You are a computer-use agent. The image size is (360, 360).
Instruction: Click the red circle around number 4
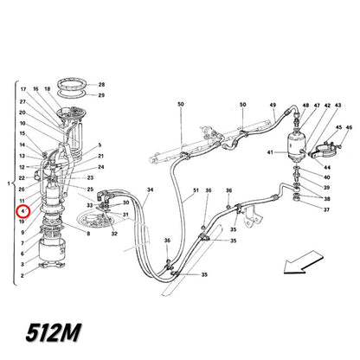click(23, 211)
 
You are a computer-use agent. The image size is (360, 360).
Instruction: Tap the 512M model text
click(53, 332)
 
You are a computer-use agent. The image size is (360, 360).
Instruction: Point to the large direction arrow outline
click(304, 262)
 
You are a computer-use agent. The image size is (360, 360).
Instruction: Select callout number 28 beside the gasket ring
click(101, 85)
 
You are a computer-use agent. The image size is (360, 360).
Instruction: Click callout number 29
click(101, 95)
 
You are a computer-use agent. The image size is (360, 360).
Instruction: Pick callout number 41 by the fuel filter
click(270, 152)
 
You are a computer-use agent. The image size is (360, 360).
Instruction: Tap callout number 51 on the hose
click(196, 190)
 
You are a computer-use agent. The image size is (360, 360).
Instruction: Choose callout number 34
click(150, 190)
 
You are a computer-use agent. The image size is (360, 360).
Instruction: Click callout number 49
click(273, 106)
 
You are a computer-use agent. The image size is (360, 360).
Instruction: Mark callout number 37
click(326, 209)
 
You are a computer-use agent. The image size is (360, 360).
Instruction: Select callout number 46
click(349, 127)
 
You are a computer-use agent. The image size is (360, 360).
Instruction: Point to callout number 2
click(22, 275)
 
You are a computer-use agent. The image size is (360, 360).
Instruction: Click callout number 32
click(114, 234)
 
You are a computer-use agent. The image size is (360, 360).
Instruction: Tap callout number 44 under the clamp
click(327, 167)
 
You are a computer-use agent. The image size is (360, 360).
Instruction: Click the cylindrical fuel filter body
click(296, 146)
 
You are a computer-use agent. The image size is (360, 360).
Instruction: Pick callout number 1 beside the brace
click(9, 183)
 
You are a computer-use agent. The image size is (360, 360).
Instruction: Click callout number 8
click(88, 234)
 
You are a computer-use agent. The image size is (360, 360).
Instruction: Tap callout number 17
click(23, 89)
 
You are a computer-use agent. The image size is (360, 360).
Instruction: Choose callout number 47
click(317, 106)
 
